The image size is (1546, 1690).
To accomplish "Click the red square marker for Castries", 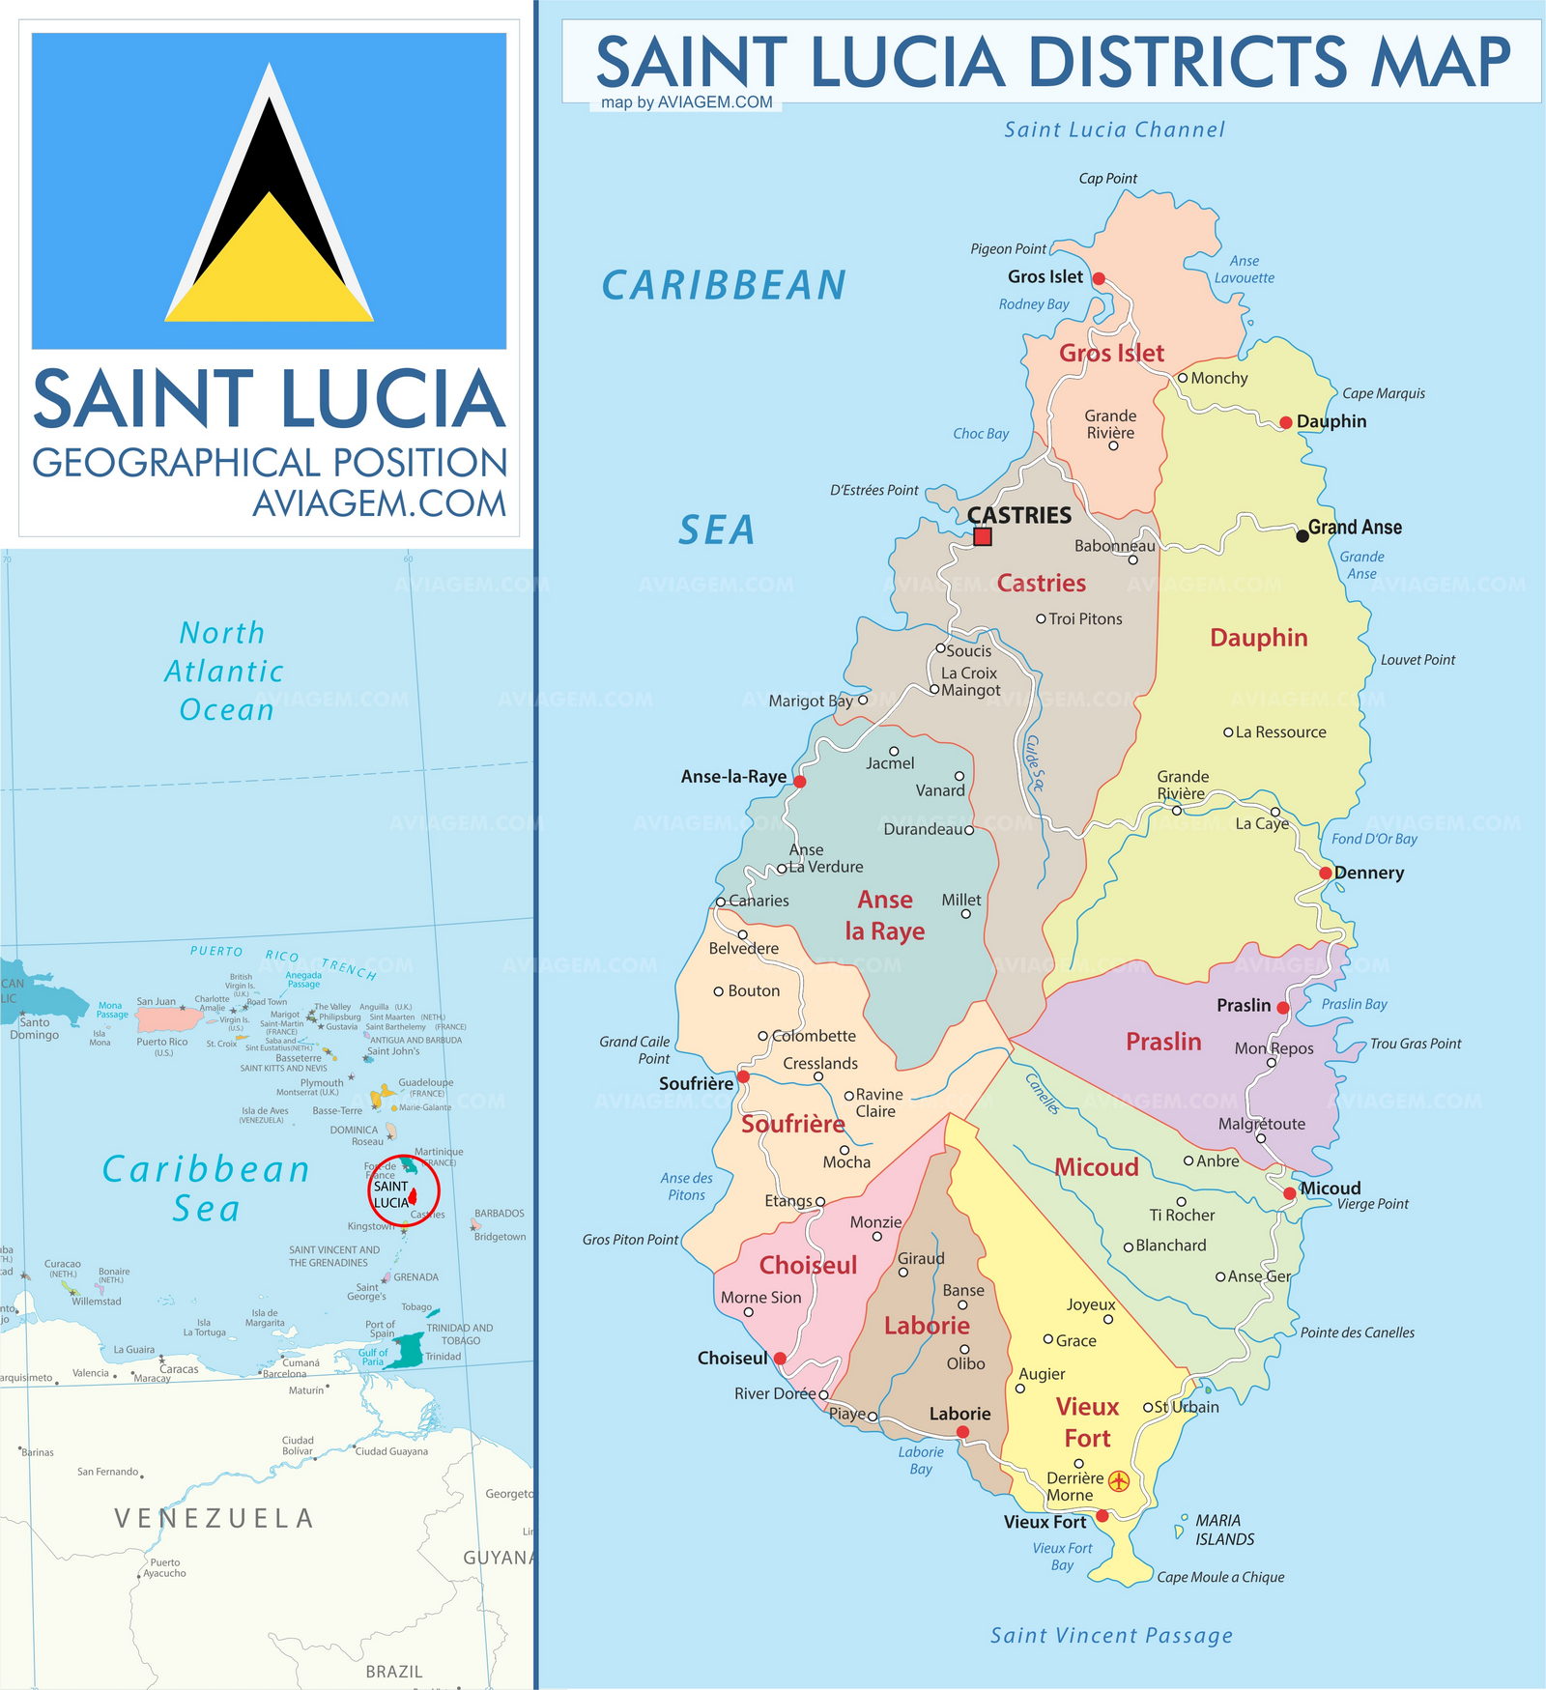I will (983, 536).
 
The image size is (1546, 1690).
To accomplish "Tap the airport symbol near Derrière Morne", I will (1118, 1480).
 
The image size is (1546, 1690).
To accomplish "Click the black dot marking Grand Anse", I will (1303, 535).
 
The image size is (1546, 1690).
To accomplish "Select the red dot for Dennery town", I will (1326, 873).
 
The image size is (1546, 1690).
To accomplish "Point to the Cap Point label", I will (1107, 179).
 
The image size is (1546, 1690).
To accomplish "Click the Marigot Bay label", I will (810, 701).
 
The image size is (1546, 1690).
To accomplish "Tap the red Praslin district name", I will (1163, 1042).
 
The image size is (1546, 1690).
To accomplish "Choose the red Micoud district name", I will (1096, 1167).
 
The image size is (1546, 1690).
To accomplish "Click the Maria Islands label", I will (1224, 1530).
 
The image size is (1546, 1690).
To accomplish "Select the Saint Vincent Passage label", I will (1111, 1635).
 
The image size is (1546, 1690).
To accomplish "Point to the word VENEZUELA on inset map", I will (214, 1519).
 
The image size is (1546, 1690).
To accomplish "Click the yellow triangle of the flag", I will (270, 280).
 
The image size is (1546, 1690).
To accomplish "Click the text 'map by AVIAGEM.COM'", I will (686, 102).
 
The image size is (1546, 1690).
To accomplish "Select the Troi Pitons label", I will (1085, 619).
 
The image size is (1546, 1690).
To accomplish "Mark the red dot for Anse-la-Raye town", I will (799, 781).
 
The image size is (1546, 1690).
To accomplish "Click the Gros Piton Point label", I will (630, 1240).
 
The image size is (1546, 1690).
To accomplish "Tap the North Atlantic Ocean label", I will (224, 672).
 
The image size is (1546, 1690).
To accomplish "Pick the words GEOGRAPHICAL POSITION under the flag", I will (270, 463).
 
